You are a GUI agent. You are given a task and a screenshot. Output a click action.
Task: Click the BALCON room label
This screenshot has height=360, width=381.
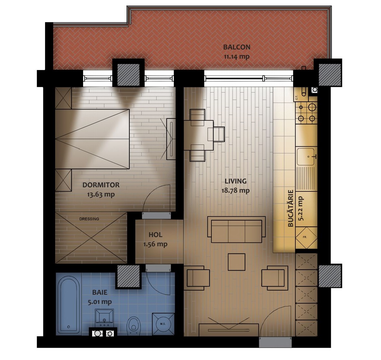pos(237,47)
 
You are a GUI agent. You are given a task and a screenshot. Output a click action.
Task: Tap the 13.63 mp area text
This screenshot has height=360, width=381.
pos(101,194)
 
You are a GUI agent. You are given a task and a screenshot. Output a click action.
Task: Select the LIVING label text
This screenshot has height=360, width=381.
pos(236,181)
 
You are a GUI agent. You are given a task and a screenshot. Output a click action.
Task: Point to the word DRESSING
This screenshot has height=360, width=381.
pos(89,219)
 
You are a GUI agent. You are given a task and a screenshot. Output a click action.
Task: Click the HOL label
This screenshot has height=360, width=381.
pos(155,235)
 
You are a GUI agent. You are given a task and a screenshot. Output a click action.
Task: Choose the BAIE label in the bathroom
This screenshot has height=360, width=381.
pos(100,292)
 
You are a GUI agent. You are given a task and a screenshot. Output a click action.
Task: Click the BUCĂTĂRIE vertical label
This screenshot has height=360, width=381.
pos(291,209)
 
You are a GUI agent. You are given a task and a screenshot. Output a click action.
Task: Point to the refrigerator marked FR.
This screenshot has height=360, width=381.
pos(306,237)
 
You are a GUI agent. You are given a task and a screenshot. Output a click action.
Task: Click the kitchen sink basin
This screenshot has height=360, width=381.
pos(306,157)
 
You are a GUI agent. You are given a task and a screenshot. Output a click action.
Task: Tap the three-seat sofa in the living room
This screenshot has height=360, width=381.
pos(236,230)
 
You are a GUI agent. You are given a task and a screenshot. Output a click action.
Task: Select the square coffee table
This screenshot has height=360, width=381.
pos(236,262)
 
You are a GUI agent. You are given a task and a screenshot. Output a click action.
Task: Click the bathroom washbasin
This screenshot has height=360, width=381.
pos(104,318)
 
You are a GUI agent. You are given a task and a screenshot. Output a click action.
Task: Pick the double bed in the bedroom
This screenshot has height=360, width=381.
pos(92,139)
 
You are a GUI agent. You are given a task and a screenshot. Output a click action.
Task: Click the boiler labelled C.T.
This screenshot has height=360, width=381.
pos(301,94)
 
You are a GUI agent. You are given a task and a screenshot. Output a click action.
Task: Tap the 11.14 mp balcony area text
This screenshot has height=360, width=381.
pos(236,57)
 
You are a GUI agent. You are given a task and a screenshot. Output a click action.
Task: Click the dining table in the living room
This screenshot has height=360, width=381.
pos(198,135)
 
